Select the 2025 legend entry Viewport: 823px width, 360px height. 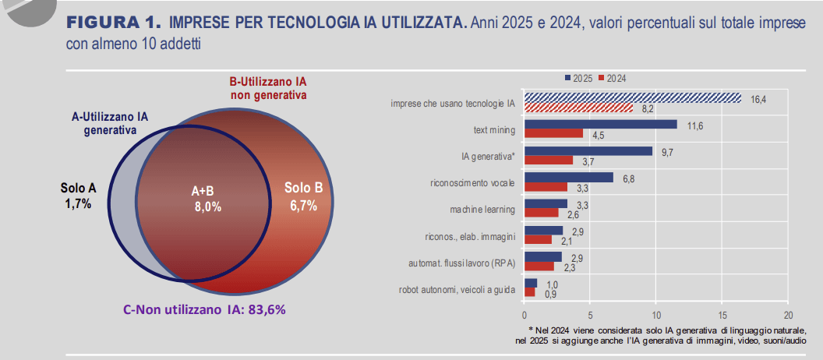coord(578,78)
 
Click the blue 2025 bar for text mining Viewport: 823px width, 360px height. coord(601,124)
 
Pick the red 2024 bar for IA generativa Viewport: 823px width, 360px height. coord(549,160)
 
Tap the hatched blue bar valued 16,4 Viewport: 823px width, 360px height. coord(632,97)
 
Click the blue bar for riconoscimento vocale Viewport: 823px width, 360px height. coord(569,178)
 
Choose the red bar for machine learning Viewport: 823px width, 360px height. coord(542,213)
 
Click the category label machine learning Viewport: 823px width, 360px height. coord(482,209)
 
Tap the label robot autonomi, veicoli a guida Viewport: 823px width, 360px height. coord(457,290)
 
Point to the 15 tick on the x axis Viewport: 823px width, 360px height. coord(722,316)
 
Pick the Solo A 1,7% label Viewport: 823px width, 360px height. coord(78,196)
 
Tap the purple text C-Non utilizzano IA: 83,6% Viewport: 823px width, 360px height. coord(205,309)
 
